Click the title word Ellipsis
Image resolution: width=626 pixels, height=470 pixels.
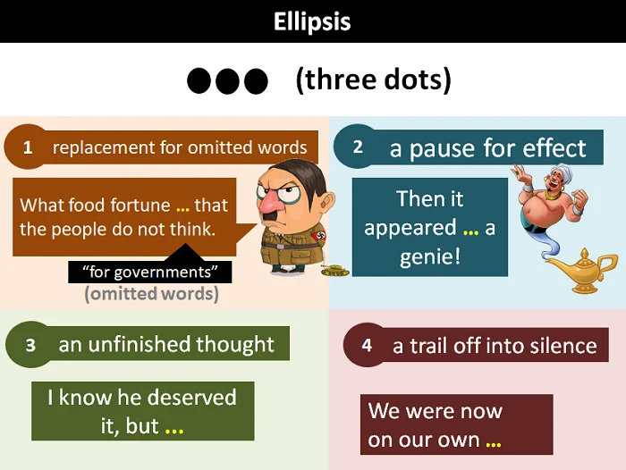click(312, 21)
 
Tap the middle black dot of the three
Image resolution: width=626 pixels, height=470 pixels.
click(227, 81)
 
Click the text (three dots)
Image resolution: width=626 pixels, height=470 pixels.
click(374, 80)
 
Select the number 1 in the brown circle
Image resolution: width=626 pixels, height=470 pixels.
click(28, 147)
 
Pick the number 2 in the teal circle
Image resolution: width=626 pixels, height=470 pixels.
click(358, 147)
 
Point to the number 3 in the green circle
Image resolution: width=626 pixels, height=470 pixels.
click(30, 345)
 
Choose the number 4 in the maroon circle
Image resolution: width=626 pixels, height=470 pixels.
click(367, 345)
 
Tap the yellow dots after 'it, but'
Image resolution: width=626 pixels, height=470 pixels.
click(174, 431)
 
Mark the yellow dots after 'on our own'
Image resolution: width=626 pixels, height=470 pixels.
click(494, 444)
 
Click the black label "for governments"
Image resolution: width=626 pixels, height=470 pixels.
click(149, 273)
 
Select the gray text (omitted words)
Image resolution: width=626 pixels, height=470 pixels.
click(152, 294)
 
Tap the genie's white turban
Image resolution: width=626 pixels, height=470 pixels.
click(557, 173)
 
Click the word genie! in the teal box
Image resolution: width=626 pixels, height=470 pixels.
click(430, 256)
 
